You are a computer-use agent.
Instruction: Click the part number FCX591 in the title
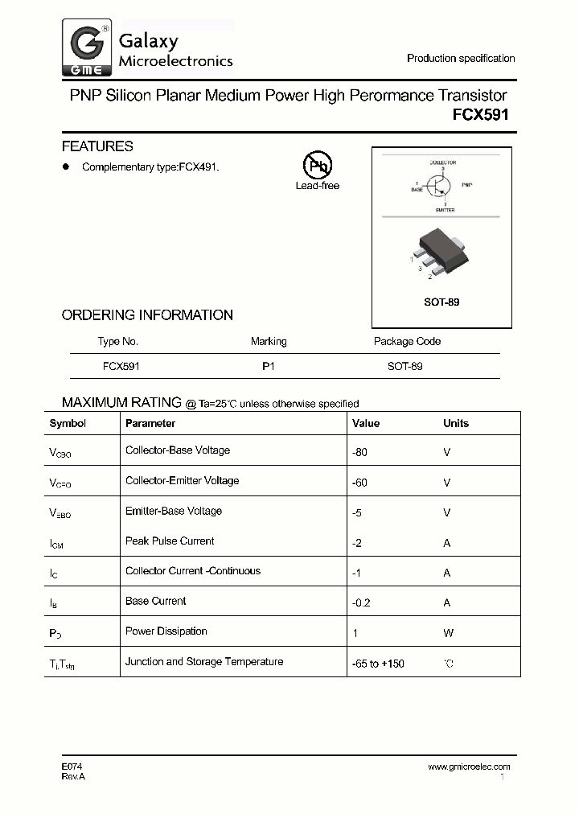480,115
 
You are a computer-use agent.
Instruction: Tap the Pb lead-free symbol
317,165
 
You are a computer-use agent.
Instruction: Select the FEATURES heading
97,146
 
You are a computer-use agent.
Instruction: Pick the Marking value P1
269,366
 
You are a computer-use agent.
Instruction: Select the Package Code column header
407,341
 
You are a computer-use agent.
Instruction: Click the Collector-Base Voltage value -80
359,452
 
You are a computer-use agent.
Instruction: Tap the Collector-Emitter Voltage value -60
359,483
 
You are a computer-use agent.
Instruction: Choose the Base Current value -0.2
362,602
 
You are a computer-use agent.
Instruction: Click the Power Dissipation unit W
449,633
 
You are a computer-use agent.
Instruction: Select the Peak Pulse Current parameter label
170,541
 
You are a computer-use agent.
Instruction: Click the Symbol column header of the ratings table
68,423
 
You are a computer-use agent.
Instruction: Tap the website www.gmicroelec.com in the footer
469,767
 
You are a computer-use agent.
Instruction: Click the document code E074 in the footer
72,767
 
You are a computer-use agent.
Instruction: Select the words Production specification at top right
461,58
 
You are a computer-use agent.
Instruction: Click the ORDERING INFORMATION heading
147,315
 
